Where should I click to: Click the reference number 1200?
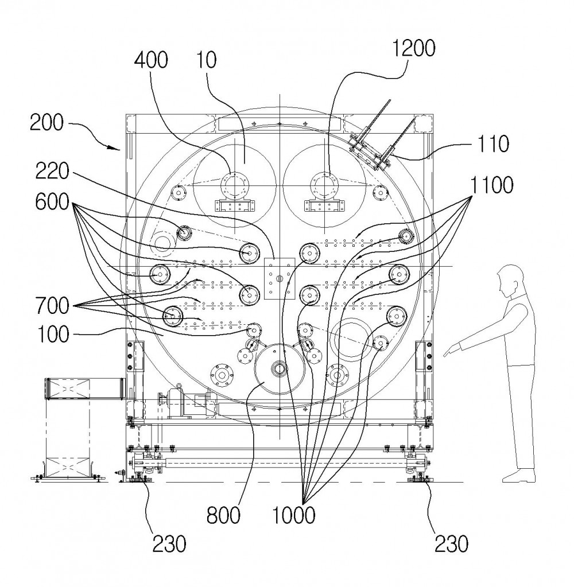414,48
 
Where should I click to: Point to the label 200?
46,122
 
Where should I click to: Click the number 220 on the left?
52,172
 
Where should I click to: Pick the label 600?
52,202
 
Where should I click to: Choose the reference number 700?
52,306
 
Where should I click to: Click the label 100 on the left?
53,334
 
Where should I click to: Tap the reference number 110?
492,143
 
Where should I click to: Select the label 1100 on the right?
491,185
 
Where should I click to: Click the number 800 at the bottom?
223,515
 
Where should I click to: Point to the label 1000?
293,515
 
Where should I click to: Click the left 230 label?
169,544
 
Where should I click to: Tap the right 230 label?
451,544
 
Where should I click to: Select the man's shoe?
518,476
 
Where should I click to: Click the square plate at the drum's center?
280,278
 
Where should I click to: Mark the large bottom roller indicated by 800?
280,369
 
